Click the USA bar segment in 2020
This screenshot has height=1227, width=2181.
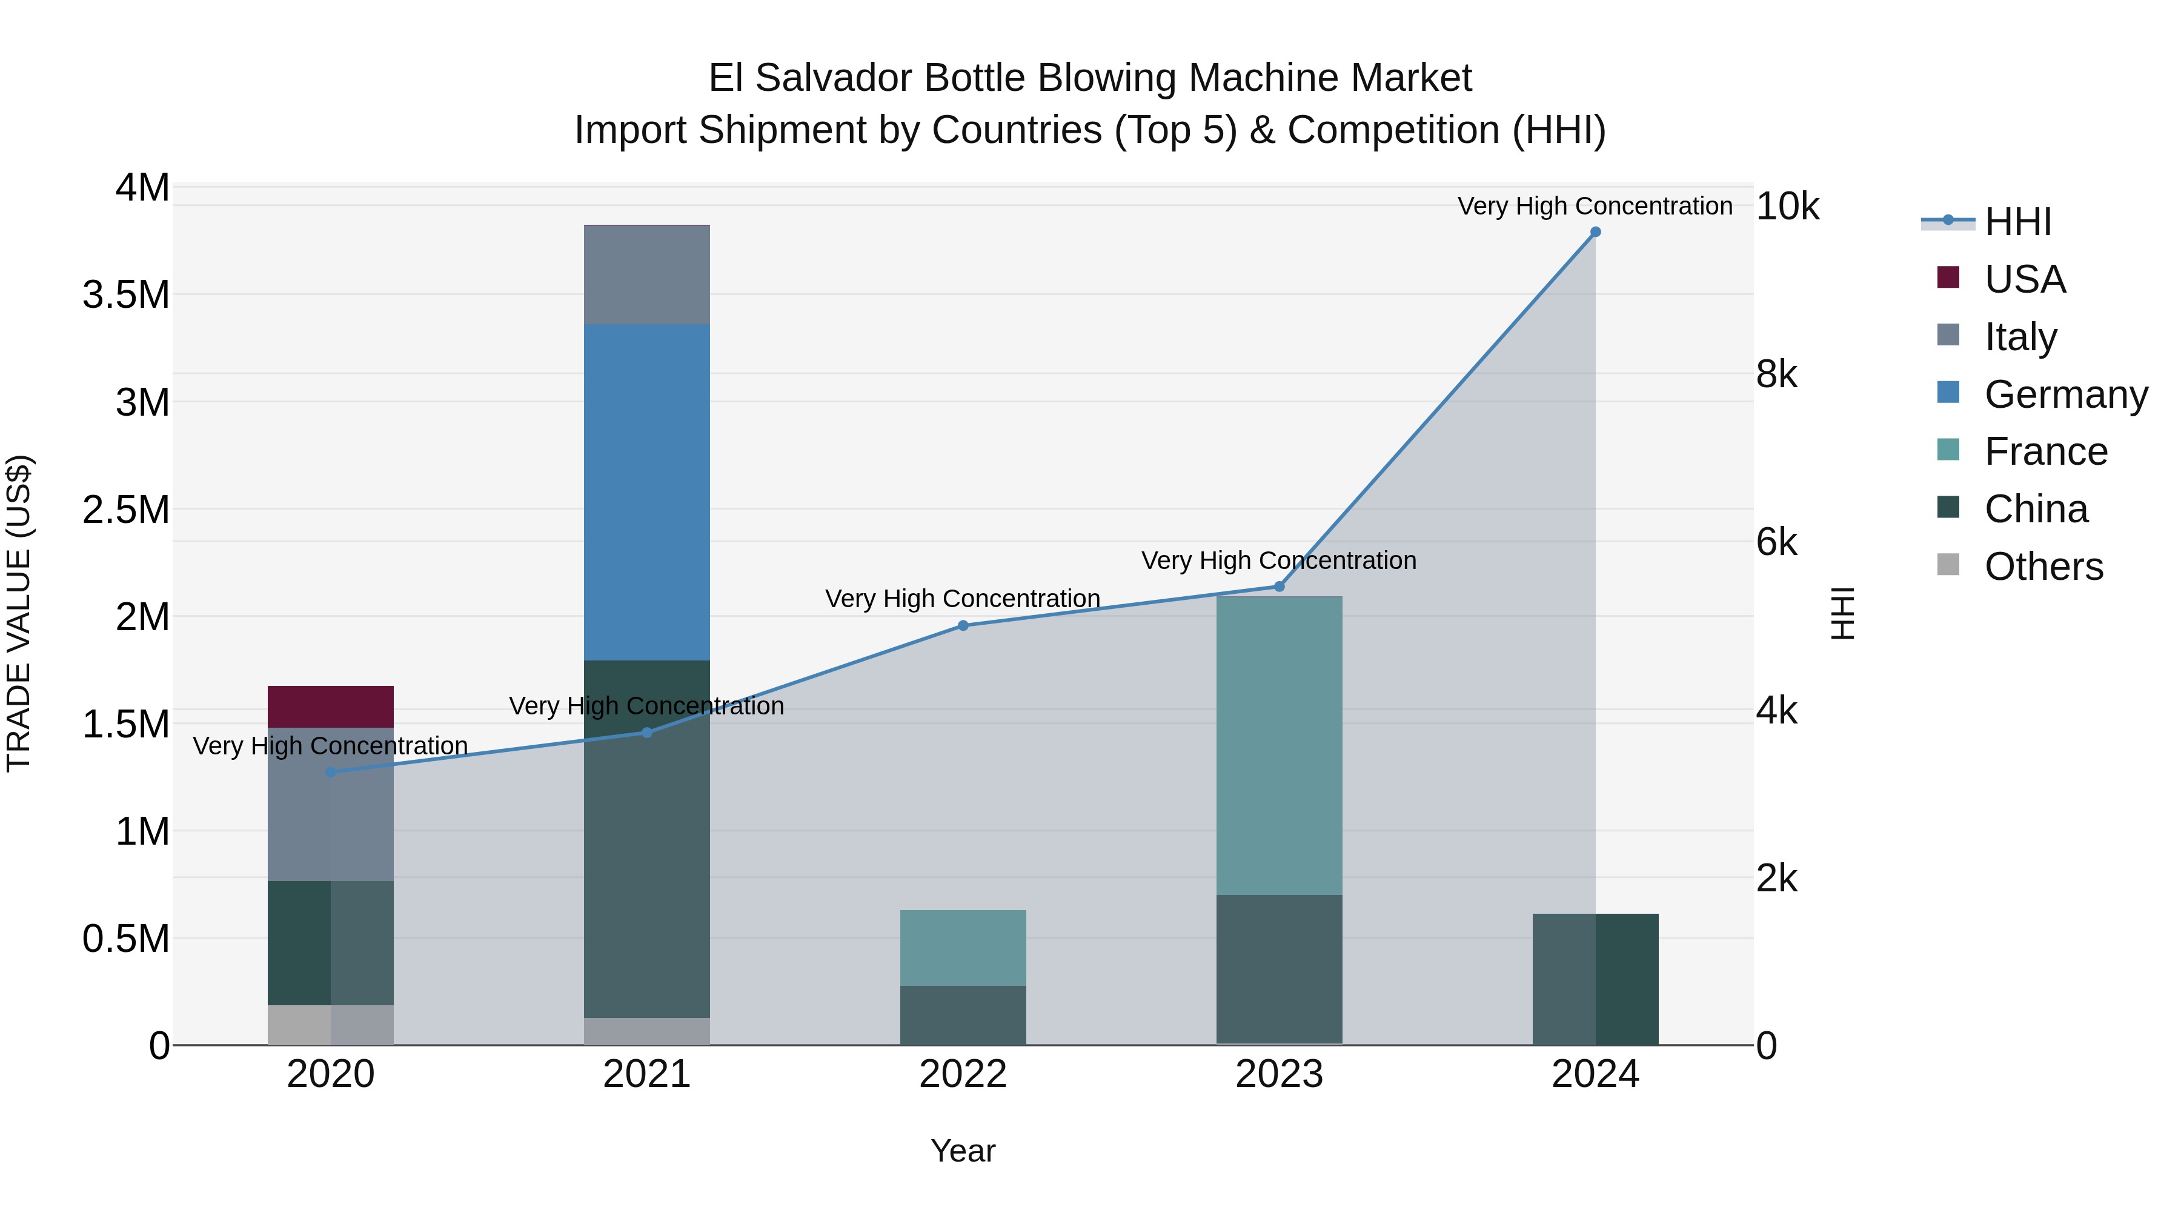click(x=330, y=707)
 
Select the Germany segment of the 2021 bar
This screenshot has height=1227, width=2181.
click(x=647, y=492)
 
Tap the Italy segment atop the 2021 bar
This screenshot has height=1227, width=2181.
click(x=647, y=274)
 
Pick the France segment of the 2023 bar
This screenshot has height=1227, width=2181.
click(x=1278, y=745)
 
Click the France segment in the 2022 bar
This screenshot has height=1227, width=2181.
click(x=963, y=948)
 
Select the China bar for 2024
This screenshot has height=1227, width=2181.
click(x=1595, y=979)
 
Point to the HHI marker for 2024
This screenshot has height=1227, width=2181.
click(x=1595, y=232)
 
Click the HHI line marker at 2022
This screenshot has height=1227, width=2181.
click(x=963, y=626)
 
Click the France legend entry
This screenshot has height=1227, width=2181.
click(x=2045, y=451)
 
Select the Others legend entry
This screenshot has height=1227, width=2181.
click(x=2042, y=567)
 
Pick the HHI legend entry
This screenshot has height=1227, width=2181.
click(x=2017, y=222)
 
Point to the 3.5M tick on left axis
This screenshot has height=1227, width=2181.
click(x=126, y=294)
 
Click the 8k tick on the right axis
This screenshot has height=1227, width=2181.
click(x=1776, y=374)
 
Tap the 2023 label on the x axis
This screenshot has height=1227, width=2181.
click(x=1278, y=1074)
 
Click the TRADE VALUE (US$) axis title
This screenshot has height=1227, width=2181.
click(x=19, y=613)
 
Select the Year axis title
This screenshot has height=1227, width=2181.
click(x=963, y=1151)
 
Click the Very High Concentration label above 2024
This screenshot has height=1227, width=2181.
click(x=1595, y=206)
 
